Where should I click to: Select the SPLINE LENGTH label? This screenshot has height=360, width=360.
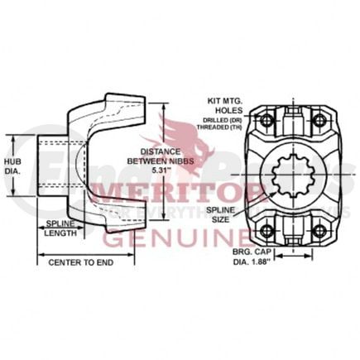tap(60, 228)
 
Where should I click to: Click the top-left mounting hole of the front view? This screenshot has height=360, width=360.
tap(266, 122)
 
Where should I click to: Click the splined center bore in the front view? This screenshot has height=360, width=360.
tap(298, 176)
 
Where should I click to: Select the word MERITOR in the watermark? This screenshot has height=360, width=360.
tap(178, 194)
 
